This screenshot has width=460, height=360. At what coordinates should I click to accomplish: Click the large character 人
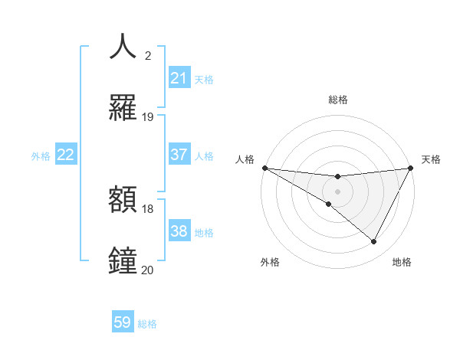(x=123, y=46)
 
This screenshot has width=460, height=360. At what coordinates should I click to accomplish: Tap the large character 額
(x=123, y=200)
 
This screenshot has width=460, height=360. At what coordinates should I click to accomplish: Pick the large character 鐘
(x=123, y=260)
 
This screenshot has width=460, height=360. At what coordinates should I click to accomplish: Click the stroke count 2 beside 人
(x=148, y=55)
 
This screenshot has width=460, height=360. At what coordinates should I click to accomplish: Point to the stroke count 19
(x=148, y=117)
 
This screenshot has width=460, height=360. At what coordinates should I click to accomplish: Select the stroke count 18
(x=148, y=209)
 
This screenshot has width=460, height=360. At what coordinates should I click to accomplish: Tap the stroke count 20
(x=148, y=270)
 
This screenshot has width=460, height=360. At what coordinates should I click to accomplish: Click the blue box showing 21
(x=179, y=78)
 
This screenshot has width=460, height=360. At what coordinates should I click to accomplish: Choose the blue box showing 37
(x=179, y=155)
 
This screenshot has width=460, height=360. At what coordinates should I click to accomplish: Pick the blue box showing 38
(x=179, y=231)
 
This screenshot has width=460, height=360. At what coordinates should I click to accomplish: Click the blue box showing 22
(x=65, y=155)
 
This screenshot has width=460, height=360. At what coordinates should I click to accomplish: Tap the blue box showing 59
(x=123, y=322)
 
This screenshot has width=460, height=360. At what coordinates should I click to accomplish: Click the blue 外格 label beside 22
(x=41, y=155)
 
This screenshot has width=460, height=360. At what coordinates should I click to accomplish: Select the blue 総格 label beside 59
(x=147, y=323)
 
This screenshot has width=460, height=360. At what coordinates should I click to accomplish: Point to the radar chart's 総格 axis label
(x=338, y=100)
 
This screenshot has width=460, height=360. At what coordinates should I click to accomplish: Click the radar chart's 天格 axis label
(x=431, y=159)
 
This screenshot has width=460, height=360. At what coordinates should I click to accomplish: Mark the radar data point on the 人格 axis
(x=264, y=167)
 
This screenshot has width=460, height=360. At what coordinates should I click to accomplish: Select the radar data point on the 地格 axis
(x=374, y=241)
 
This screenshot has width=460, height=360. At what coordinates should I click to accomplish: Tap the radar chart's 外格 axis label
(x=270, y=262)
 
